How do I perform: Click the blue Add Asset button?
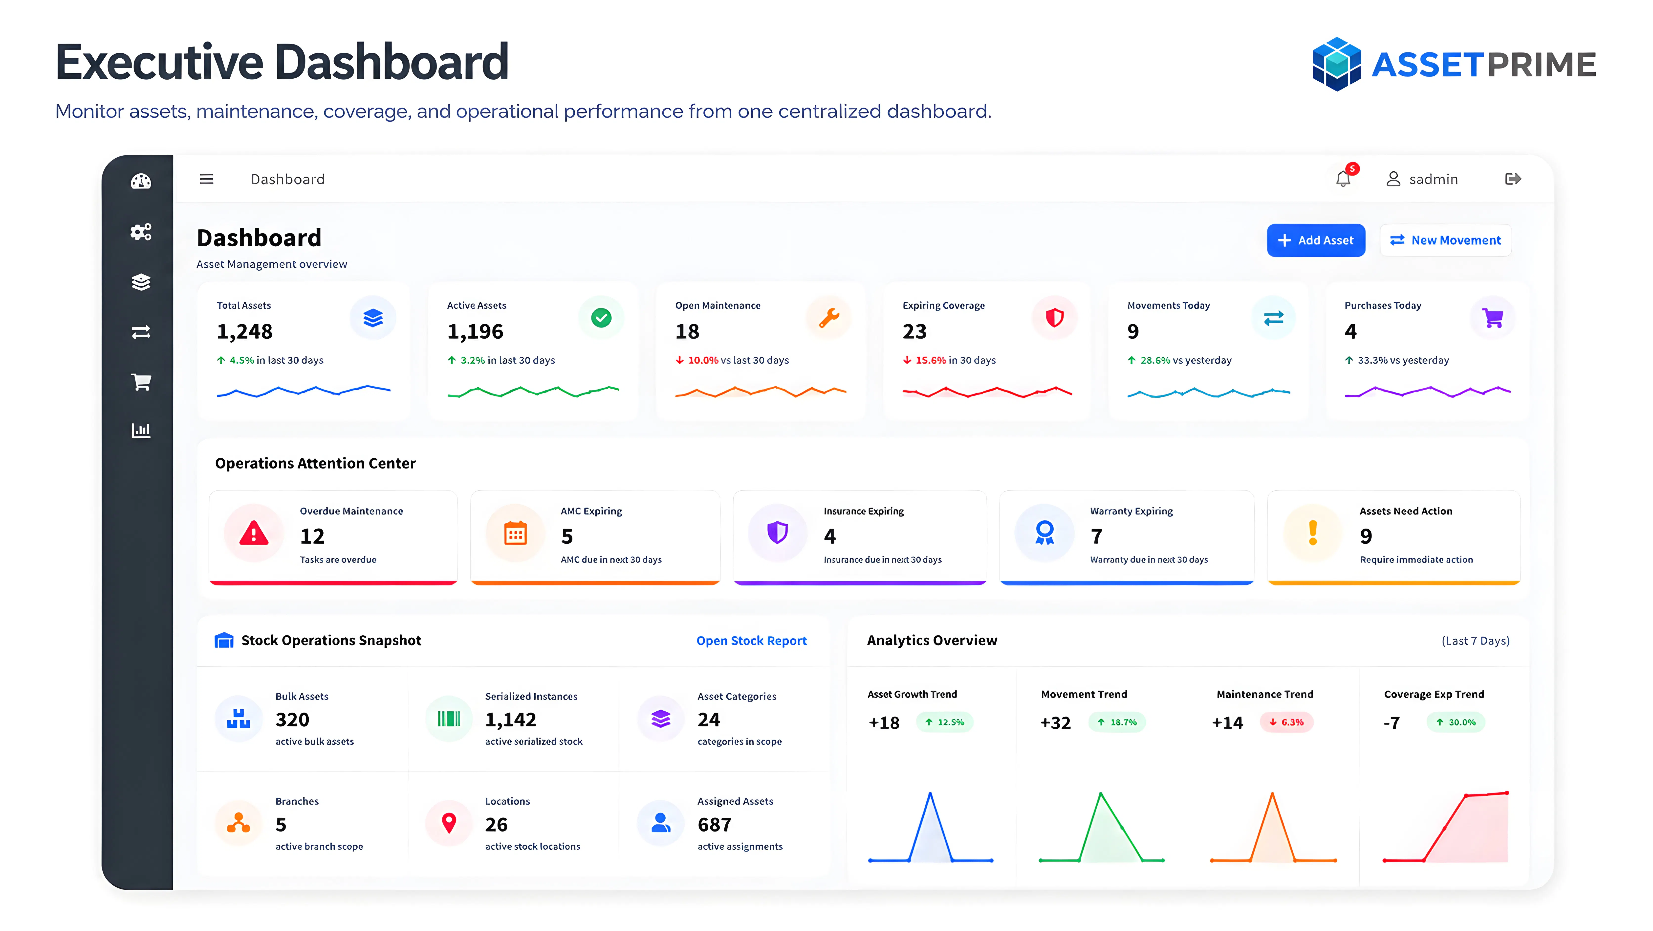(x=1315, y=240)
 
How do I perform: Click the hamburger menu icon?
(x=206, y=179)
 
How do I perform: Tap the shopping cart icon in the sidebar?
(x=141, y=382)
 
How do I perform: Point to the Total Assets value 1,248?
(x=244, y=331)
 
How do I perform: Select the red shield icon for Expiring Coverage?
(x=1054, y=317)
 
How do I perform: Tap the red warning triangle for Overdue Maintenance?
(x=254, y=533)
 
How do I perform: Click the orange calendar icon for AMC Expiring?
(x=515, y=533)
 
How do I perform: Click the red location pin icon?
(x=449, y=822)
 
